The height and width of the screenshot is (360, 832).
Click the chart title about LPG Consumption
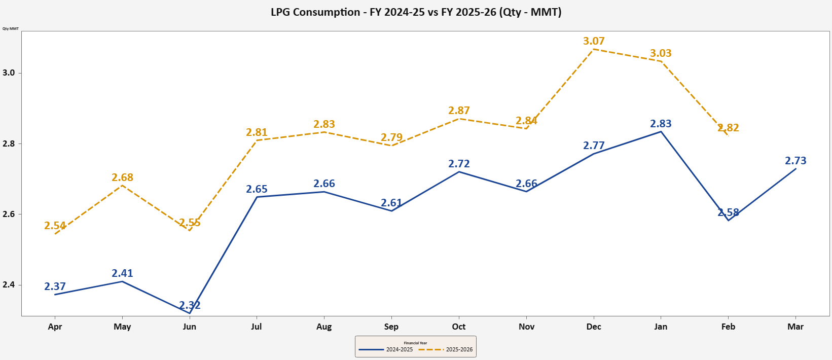tap(416, 12)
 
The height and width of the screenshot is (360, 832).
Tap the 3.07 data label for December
tap(594, 41)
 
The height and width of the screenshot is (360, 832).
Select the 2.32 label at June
tap(190, 305)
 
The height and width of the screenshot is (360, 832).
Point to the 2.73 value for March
tap(795, 161)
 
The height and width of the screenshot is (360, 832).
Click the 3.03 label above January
tap(661, 53)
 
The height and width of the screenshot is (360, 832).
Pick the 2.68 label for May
tap(122, 177)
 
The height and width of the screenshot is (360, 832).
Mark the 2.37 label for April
tap(55, 286)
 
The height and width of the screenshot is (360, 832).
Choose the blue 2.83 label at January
tap(661, 124)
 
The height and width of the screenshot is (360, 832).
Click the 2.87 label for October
tap(459, 111)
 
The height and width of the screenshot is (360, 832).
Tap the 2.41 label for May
tap(122, 273)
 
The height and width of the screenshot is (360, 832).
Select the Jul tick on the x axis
tap(257, 327)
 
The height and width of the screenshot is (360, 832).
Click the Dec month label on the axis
tap(594, 327)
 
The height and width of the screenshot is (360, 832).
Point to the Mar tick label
tap(795, 327)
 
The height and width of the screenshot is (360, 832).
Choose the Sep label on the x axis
tap(391, 327)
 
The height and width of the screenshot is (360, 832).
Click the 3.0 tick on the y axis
tap(9, 73)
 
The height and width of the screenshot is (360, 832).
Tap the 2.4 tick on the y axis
tap(9, 285)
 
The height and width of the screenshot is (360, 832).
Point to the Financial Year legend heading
tap(415, 343)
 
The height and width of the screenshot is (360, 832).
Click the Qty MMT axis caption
tap(11, 28)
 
